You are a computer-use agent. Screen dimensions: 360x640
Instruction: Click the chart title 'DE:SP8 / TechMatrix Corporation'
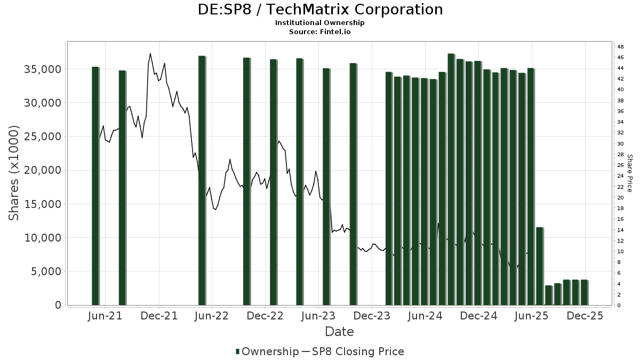(320, 10)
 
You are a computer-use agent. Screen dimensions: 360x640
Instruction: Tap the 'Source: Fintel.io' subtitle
(320, 31)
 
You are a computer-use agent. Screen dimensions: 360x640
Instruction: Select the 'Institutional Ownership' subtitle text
(320, 23)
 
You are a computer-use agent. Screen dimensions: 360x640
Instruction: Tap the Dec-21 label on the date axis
(159, 316)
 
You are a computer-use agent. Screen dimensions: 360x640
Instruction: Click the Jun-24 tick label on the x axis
(425, 316)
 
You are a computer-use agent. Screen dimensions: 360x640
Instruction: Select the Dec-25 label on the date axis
(585, 316)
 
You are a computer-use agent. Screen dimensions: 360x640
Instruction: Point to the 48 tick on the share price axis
(620, 46)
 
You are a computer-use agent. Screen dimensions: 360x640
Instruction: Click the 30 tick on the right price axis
(620, 143)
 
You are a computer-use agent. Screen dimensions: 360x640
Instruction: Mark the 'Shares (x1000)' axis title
(14, 173)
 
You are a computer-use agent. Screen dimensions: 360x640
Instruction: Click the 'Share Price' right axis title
(629, 173)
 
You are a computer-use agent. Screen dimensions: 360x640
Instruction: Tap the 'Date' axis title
(339, 332)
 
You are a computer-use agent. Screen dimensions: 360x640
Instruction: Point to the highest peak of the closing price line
(150, 54)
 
